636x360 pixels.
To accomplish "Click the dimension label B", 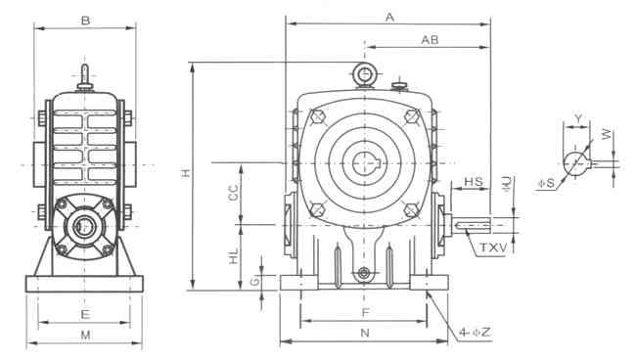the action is click(85, 21).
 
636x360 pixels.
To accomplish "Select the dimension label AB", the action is click(430, 40).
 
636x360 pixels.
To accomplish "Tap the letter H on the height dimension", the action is click(186, 173).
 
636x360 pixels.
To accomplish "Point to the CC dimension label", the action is click(233, 193).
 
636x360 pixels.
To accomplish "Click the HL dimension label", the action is click(234, 256).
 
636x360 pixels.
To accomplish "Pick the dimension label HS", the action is click(474, 182).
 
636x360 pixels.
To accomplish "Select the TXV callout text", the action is click(493, 247).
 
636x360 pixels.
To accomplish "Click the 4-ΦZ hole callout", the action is click(475, 333).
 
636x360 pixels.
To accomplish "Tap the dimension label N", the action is click(365, 333).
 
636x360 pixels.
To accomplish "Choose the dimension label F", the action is click(366, 313).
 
